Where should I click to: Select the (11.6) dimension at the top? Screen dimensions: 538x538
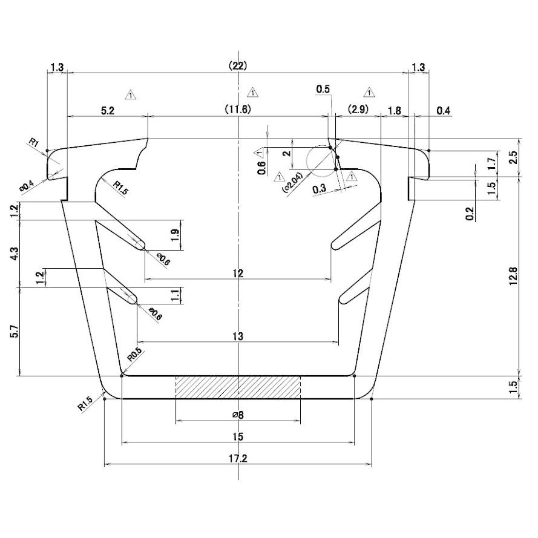click(x=238, y=110)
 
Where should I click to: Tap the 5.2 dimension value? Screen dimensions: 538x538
click(x=107, y=110)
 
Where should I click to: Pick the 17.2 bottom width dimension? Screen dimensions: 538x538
click(x=238, y=458)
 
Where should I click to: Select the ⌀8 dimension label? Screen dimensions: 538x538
click(x=238, y=415)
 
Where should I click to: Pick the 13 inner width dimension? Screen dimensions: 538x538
click(x=238, y=336)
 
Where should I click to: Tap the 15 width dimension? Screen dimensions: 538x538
click(x=238, y=436)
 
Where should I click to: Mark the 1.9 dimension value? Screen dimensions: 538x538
click(x=175, y=236)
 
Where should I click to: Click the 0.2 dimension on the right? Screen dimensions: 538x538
click(x=470, y=213)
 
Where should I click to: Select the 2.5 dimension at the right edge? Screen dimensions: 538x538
click(x=514, y=157)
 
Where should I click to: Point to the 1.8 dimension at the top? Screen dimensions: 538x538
click(x=394, y=110)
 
